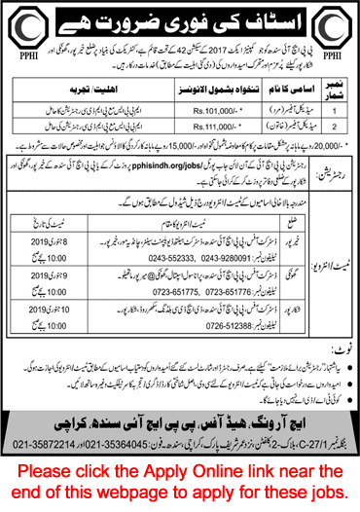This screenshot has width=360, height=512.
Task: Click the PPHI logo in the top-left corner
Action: (20, 22)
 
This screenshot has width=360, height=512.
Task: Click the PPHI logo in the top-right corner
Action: (338, 22)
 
